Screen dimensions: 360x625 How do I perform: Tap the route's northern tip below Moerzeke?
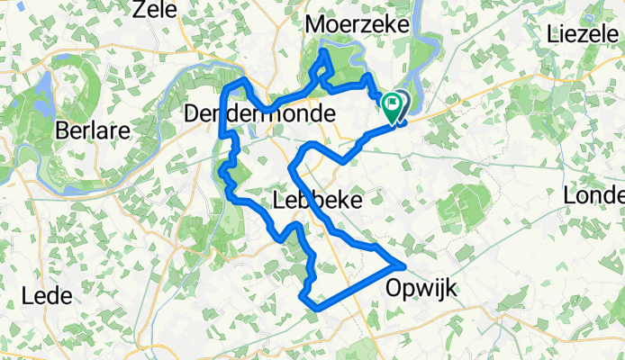click(325, 54)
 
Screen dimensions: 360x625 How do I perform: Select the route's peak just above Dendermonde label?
click(240, 82)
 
